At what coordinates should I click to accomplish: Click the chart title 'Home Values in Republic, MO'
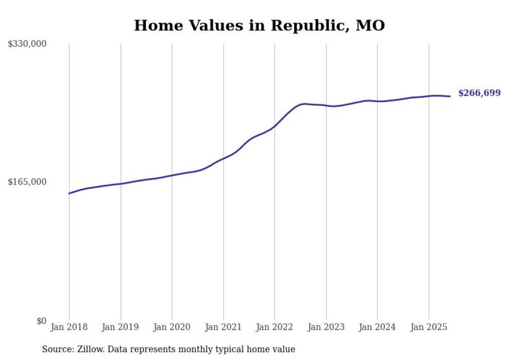(x=259, y=25)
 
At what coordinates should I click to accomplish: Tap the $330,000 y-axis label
(x=27, y=44)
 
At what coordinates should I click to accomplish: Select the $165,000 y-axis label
(x=27, y=182)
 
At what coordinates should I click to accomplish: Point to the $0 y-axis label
(x=41, y=321)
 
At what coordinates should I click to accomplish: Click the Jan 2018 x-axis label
(x=69, y=327)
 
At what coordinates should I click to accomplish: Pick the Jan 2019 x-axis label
(x=121, y=327)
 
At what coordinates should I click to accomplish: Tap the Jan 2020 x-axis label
(x=172, y=327)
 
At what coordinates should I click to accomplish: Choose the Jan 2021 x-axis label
(x=223, y=327)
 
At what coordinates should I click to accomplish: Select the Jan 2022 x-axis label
(x=274, y=327)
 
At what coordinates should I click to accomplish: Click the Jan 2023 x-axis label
(x=326, y=327)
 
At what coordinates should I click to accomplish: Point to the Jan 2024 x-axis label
(x=377, y=327)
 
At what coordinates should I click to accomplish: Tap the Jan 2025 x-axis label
(x=428, y=327)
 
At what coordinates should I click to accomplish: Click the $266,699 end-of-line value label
(x=479, y=93)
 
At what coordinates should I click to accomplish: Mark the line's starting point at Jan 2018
(x=69, y=193)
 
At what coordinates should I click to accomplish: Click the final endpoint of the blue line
(x=450, y=96)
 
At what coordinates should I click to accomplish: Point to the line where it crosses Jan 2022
(x=274, y=126)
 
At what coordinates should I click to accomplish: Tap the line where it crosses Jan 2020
(x=172, y=175)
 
